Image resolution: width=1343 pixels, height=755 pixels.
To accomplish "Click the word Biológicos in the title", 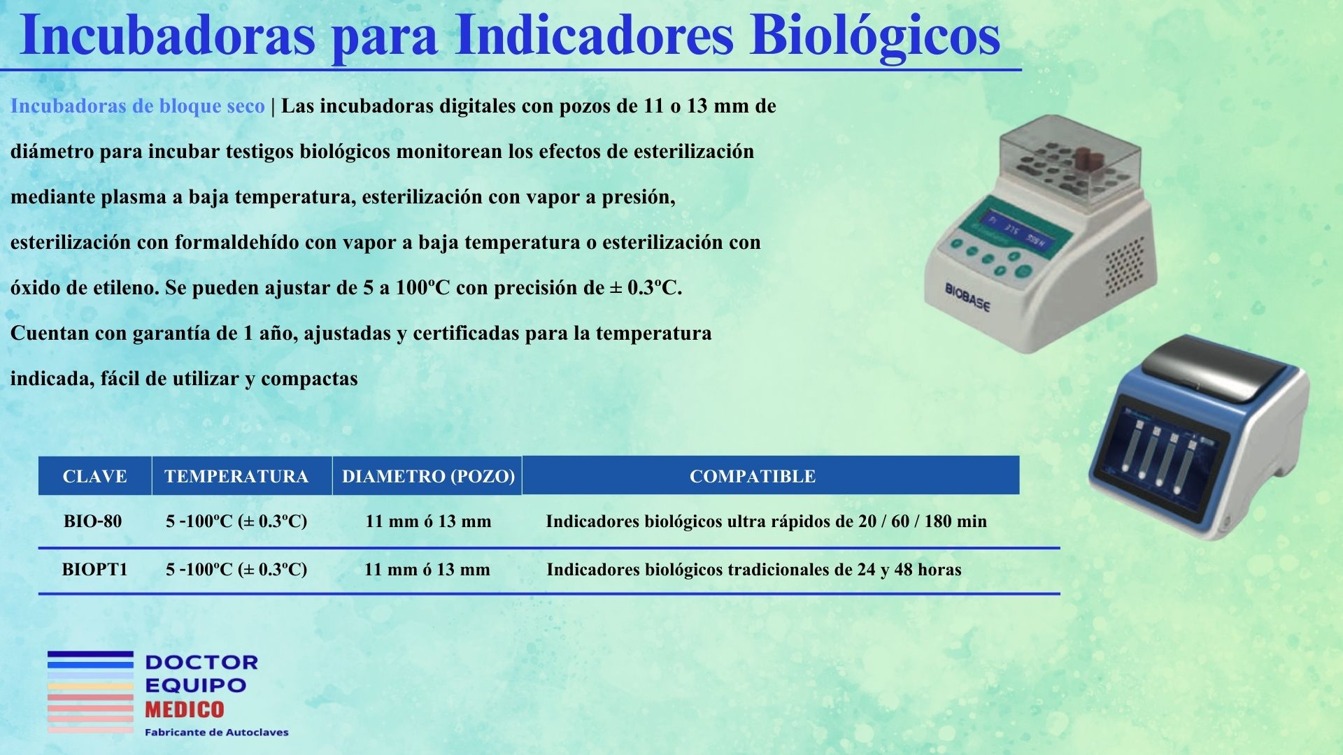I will (x=874, y=36).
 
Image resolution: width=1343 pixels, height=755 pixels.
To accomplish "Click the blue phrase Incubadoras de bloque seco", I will (x=137, y=106).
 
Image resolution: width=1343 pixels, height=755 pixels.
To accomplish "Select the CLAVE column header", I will (x=94, y=476).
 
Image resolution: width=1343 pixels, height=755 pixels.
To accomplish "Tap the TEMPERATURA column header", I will (x=236, y=476).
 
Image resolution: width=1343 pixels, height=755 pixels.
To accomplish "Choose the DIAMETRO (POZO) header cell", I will (x=428, y=476).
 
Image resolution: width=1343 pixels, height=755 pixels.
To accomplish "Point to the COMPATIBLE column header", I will (x=753, y=476).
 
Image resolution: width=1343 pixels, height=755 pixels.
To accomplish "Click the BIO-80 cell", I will (x=92, y=522).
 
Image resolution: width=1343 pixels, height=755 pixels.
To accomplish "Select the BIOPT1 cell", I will (x=94, y=570).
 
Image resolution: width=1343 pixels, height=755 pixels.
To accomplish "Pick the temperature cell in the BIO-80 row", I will (x=236, y=522).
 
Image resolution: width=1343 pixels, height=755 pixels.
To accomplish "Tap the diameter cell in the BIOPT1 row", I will (x=427, y=570).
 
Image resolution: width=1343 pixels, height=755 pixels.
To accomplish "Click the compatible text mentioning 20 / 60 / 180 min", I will (x=766, y=522).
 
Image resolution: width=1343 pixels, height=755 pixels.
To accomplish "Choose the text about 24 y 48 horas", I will (x=753, y=570).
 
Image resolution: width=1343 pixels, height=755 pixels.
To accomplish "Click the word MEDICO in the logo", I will (x=185, y=710).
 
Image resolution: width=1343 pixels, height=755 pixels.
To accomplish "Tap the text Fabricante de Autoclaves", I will (x=216, y=733).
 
